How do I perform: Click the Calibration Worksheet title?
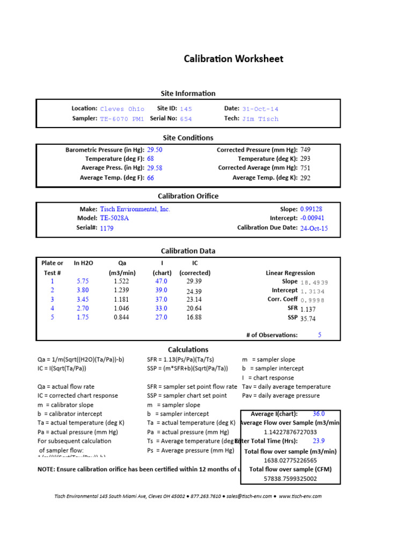pos(233,59)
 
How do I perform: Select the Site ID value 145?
pos(186,109)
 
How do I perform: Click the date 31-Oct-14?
pos(260,109)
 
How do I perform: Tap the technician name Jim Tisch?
pos(260,119)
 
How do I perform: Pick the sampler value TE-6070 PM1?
pos(122,119)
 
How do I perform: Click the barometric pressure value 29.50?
pos(154,150)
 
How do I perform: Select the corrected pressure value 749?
pos(305,150)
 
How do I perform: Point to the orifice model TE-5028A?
pos(114,219)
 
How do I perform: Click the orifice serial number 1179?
pos(107,228)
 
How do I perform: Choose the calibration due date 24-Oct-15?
pos(314,228)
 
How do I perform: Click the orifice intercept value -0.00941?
pos(312,219)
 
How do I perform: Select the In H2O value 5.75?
pos(82,281)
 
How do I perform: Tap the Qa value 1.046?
pos(121,309)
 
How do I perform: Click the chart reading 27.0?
pos(161,317)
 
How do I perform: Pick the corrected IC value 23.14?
pos(194,300)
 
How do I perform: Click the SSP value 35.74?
pos(308,318)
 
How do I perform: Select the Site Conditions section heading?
pos(188,138)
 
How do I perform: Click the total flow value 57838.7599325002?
pos(290,479)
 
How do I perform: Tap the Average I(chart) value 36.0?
pos(319,414)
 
